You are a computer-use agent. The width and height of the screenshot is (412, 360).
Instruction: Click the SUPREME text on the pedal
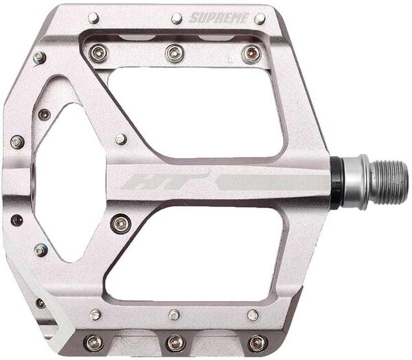click(218, 18)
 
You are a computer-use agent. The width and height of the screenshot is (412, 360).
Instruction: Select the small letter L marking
click(231, 60)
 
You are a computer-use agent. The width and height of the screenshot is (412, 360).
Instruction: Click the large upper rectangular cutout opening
click(196, 112)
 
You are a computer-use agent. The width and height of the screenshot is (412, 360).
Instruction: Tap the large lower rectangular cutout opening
click(194, 254)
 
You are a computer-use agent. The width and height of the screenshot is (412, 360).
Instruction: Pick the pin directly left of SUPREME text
click(176, 19)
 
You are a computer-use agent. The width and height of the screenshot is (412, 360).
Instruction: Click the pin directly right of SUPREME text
click(260, 19)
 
